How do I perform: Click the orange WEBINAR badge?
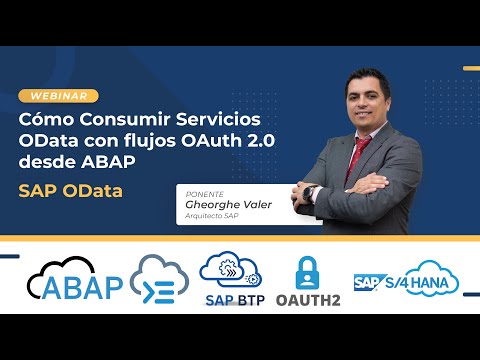click(x=59, y=96)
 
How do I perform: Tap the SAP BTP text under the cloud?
click(x=236, y=299)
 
